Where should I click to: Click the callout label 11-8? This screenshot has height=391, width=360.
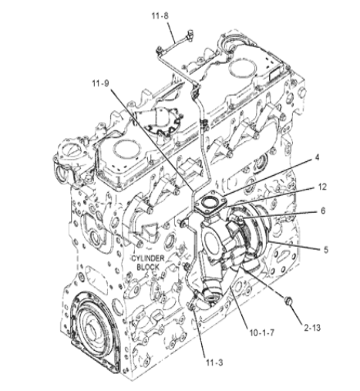160,16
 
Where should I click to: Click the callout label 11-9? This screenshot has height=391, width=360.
101,83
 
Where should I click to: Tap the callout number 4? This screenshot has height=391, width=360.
317,157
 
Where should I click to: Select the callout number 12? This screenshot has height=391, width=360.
322,187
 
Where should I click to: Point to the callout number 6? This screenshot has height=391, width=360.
323,211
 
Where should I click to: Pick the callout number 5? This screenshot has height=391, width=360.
326,249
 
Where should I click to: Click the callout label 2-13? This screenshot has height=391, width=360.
312,328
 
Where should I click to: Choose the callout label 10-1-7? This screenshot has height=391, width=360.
262,333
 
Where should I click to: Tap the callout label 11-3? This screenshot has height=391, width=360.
214,362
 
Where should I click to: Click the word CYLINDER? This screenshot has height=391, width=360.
148,258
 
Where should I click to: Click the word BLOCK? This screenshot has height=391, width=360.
148,267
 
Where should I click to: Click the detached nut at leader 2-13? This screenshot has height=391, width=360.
288,301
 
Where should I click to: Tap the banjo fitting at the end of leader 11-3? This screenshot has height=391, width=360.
193,307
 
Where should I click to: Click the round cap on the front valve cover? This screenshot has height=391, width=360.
126,151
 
